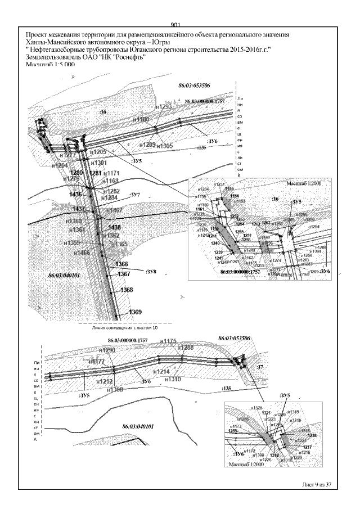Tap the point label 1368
[127, 290]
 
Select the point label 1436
[76, 194]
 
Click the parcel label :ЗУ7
[134, 195]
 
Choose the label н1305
[164, 146]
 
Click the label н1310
[173, 379]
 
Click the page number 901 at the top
[174, 24]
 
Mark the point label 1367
[124, 274]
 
